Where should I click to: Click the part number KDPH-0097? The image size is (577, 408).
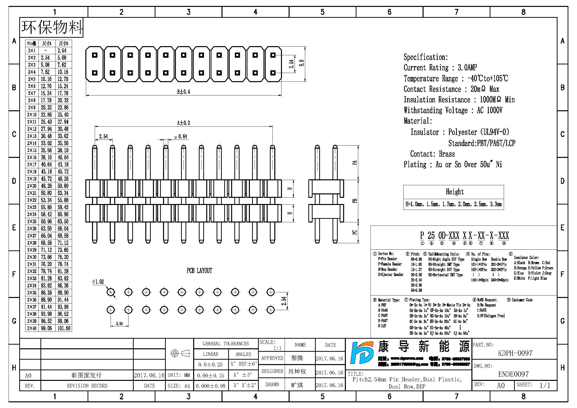point(515,353)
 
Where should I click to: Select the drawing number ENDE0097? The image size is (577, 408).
point(513,374)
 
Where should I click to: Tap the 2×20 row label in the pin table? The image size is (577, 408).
point(32,186)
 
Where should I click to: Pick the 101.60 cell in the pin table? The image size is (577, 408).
point(64,328)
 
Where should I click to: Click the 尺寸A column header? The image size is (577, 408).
point(47,43)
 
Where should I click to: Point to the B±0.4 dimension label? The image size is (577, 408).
point(184,92)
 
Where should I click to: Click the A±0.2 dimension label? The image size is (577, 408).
point(184,123)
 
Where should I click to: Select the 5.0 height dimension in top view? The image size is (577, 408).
point(301,63)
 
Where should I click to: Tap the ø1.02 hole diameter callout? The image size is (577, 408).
point(98,282)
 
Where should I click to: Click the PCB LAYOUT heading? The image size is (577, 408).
point(199,271)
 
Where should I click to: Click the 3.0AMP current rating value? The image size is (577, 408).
point(467,68)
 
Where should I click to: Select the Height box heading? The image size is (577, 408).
point(455,192)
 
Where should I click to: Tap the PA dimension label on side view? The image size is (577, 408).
point(354,163)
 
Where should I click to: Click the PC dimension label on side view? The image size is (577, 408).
point(354,232)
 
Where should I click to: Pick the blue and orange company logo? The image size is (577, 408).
point(362,353)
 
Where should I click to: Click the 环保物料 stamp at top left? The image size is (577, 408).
point(52,27)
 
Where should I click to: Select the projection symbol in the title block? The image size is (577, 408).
point(180,353)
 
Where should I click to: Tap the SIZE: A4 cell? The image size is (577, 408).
point(179,386)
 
